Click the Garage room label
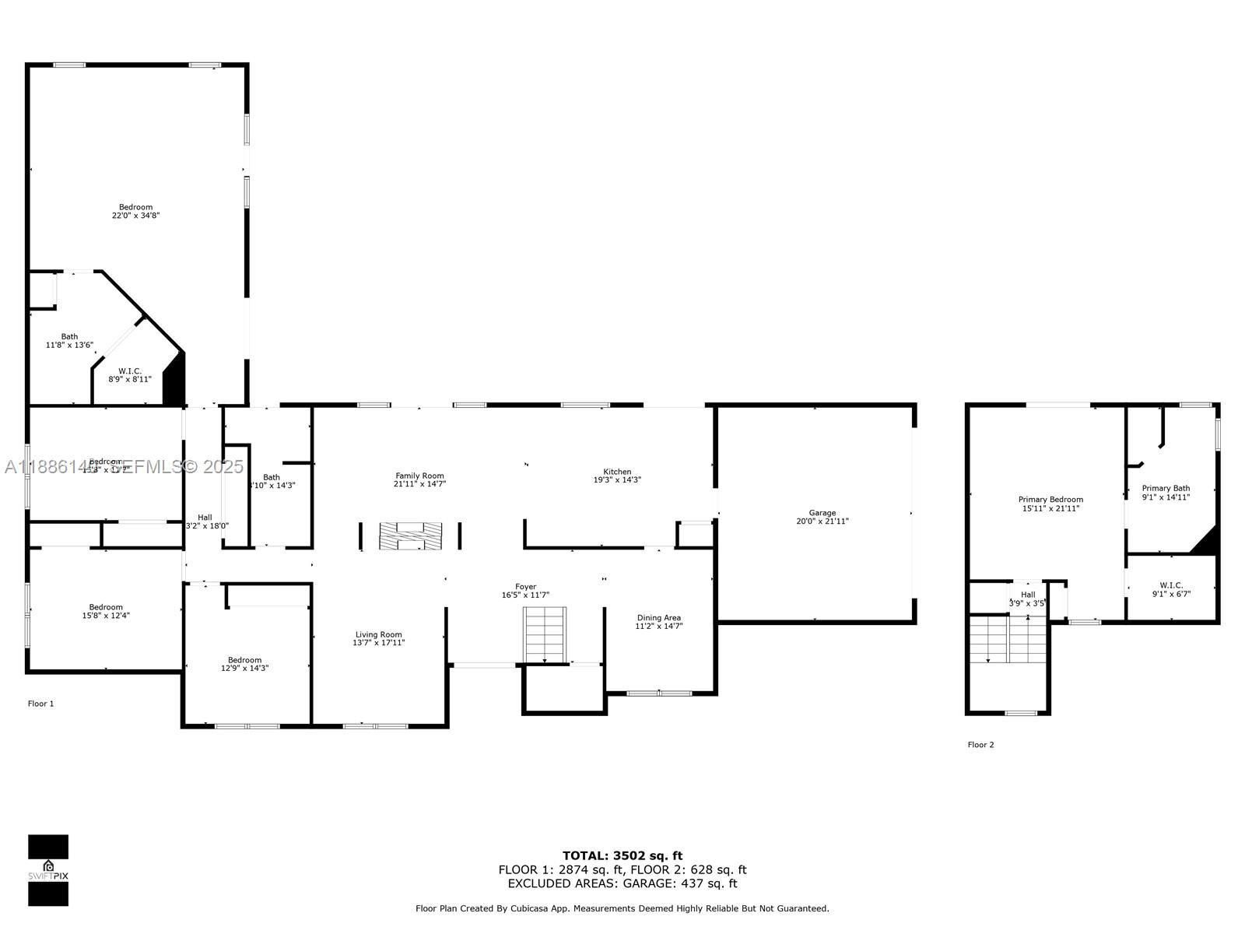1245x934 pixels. (x=822, y=513)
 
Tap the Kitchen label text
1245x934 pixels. (x=617, y=472)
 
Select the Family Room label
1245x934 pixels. (x=419, y=476)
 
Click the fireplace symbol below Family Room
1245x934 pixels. (x=410, y=536)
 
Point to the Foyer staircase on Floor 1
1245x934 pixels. (x=545, y=634)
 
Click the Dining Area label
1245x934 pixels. (x=658, y=618)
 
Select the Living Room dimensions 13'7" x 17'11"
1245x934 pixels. (x=379, y=643)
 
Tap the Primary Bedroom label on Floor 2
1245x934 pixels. (x=1050, y=500)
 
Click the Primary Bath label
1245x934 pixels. (x=1166, y=488)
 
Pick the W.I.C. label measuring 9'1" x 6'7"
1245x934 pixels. (x=1171, y=585)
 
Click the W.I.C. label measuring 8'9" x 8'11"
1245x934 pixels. (x=130, y=371)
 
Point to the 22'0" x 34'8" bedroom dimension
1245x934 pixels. (x=136, y=216)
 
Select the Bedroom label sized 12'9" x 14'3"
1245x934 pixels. (x=244, y=660)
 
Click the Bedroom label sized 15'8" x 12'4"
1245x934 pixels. (x=106, y=607)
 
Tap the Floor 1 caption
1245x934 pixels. (x=41, y=704)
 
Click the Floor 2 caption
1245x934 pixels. (x=980, y=745)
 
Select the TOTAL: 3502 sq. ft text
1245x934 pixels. (x=622, y=855)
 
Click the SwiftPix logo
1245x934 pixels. (x=48, y=870)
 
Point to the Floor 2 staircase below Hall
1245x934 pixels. (x=1008, y=640)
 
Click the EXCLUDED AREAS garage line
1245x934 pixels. (x=622, y=883)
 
